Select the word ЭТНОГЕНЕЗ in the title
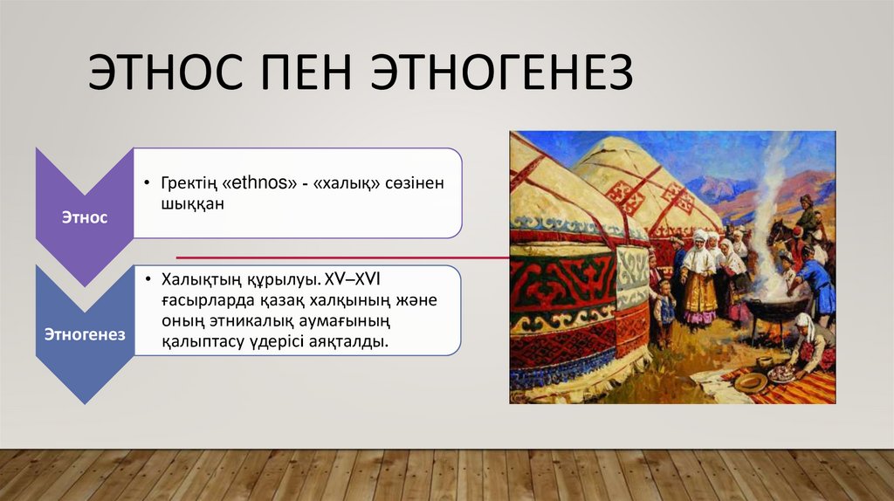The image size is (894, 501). click(x=502, y=73)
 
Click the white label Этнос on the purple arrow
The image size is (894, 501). click(x=85, y=216)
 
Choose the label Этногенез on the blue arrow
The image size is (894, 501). click(x=85, y=334)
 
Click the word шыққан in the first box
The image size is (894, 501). click(x=193, y=203)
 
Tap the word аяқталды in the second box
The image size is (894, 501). click(x=354, y=341)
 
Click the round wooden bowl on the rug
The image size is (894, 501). click(x=749, y=381)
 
